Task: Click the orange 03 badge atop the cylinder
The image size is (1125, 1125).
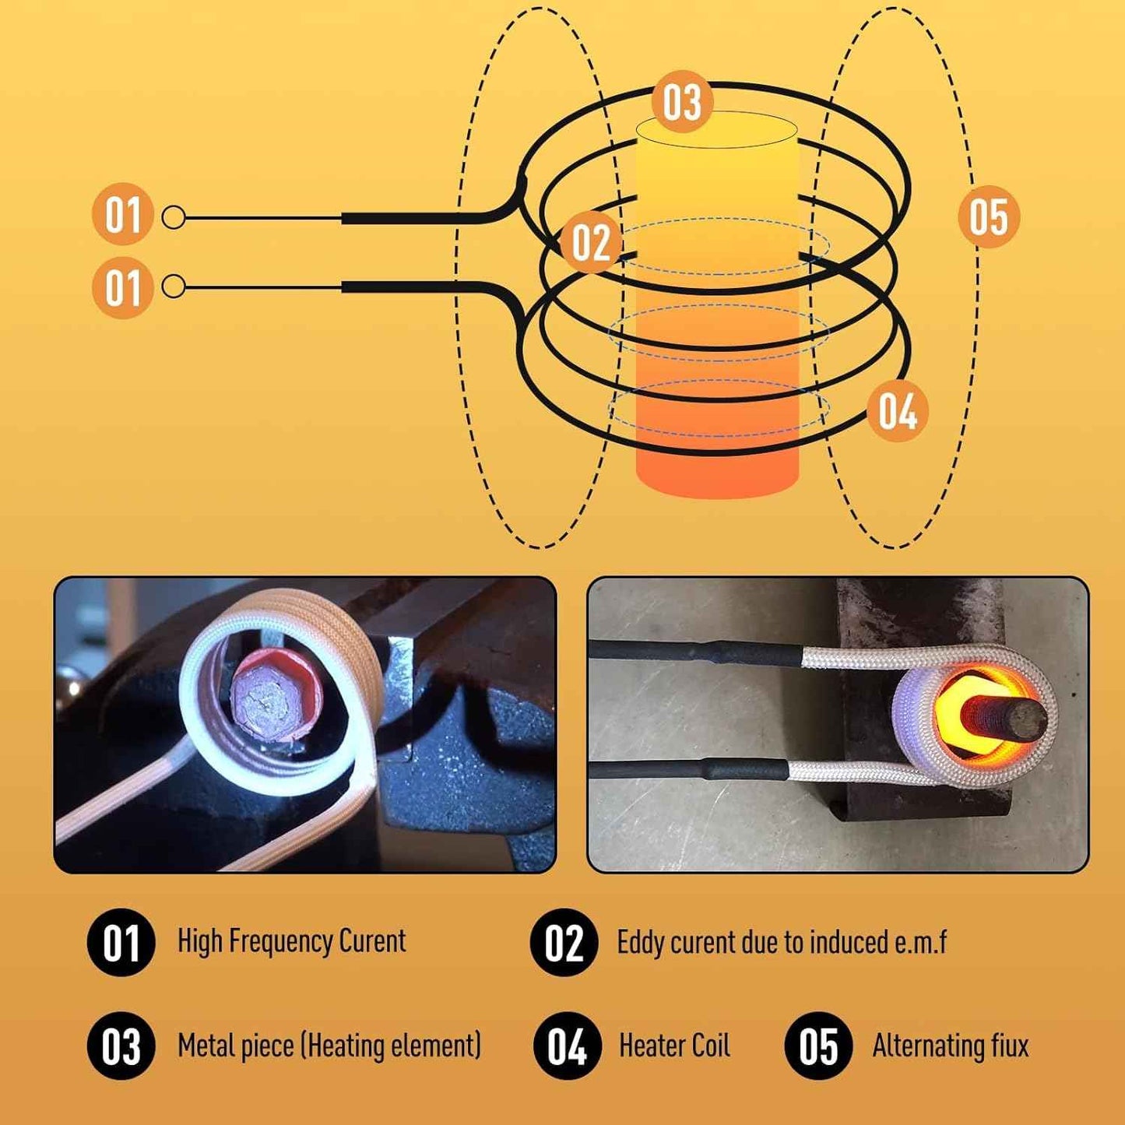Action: point(682,102)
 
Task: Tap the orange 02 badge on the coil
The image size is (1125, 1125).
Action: point(591,242)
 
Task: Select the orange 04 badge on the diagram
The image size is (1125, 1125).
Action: point(898,411)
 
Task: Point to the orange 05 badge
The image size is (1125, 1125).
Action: point(988,216)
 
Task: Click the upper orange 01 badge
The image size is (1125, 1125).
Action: point(122,214)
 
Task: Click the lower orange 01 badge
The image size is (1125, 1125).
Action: point(122,287)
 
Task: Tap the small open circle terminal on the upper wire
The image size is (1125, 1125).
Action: point(174,218)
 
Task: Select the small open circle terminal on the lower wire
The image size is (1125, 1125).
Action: point(174,287)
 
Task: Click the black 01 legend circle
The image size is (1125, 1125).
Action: point(121,942)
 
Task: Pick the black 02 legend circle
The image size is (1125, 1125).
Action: point(564,942)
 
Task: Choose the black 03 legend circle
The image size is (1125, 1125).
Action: point(121,1046)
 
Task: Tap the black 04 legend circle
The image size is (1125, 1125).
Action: point(567,1046)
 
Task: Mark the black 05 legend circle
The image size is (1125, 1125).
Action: point(818,1046)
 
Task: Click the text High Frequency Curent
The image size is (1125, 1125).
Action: point(291,941)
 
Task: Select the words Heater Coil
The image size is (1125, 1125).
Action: point(674,1046)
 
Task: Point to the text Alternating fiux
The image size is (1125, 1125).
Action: point(950,1046)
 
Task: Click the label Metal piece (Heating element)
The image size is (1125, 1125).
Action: point(329,1046)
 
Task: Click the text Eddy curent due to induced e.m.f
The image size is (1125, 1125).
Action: point(781,942)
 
